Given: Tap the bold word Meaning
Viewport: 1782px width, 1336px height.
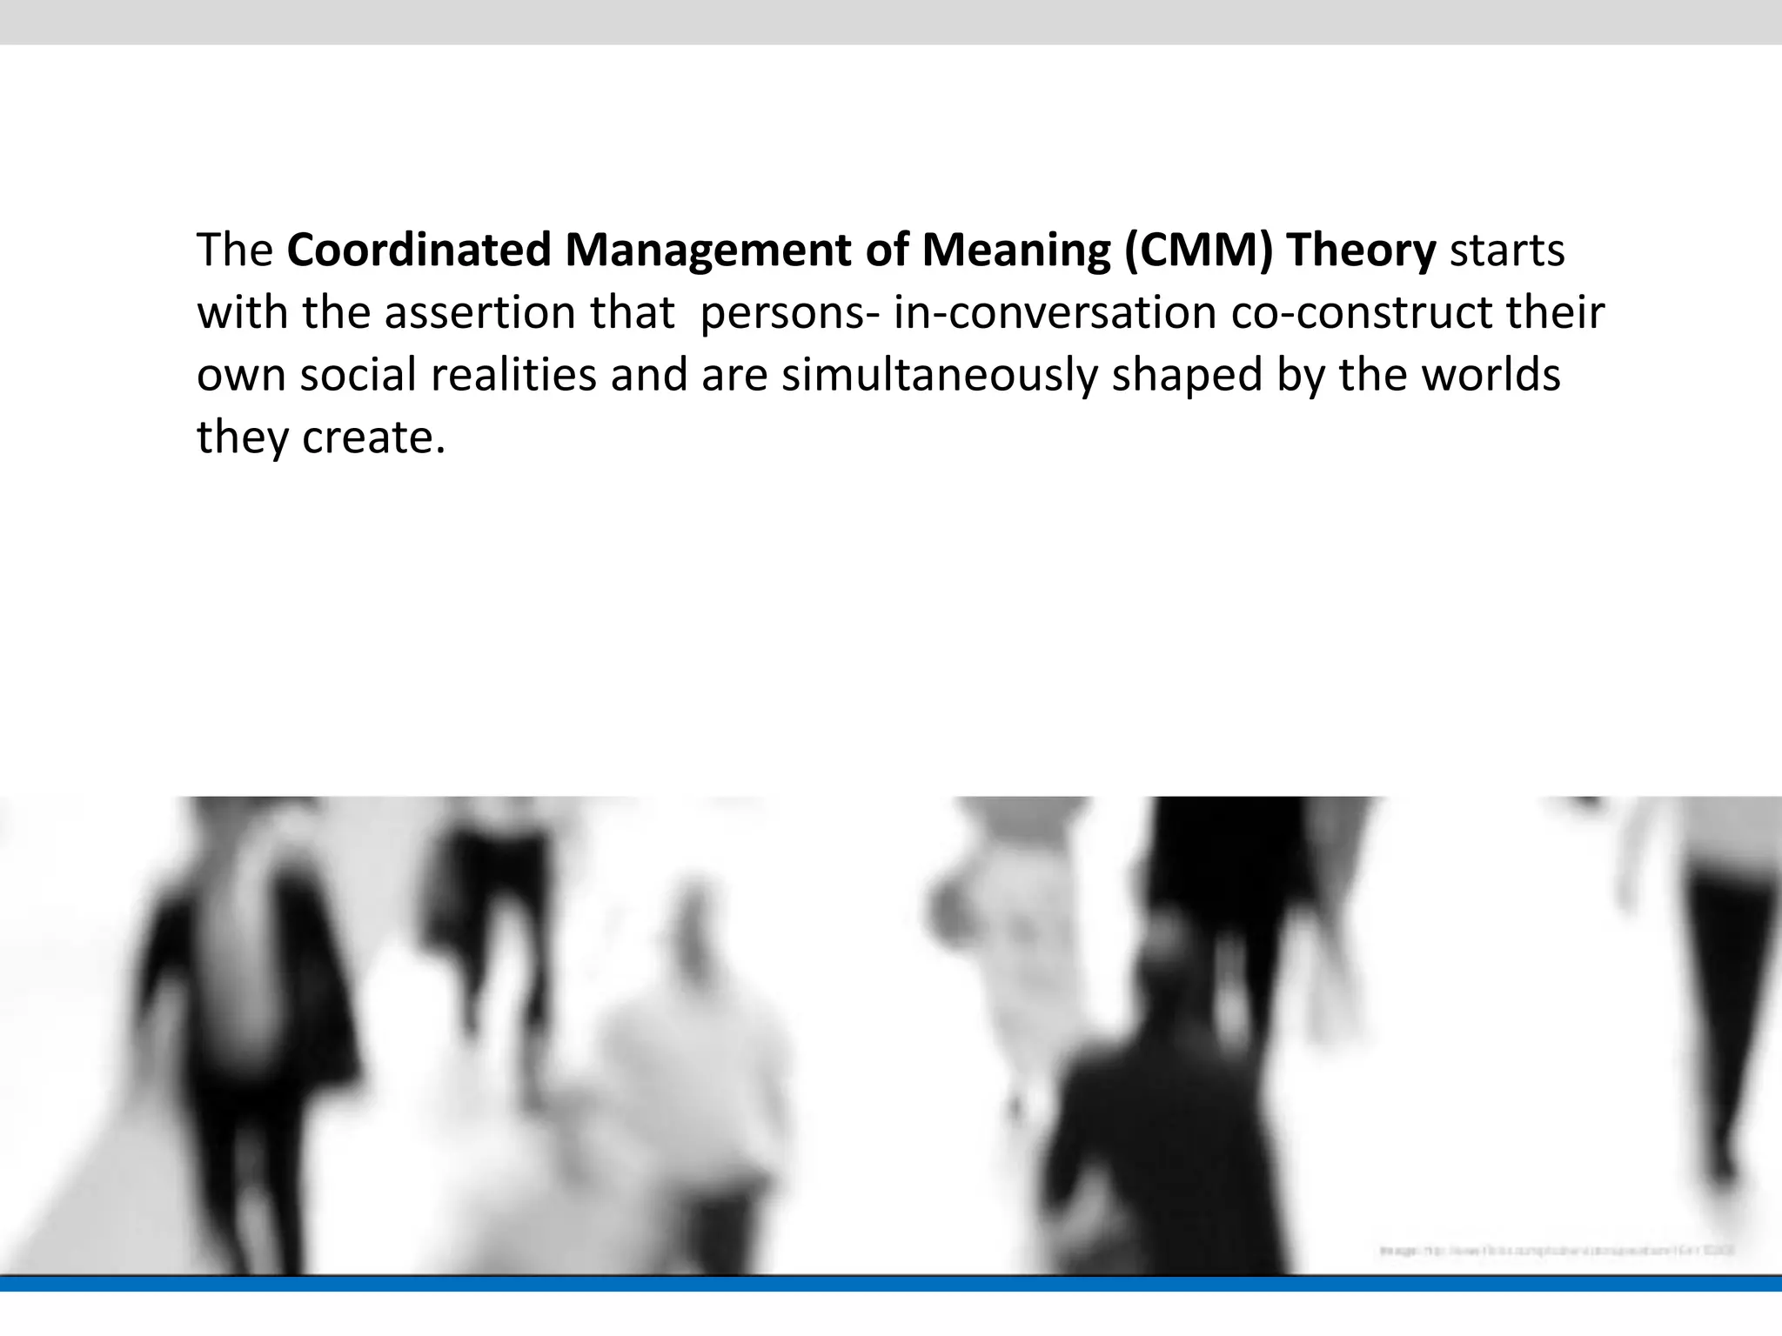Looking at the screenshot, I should pyautogui.click(x=1015, y=250).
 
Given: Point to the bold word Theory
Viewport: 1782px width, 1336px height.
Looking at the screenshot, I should pyautogui.click(x=1361, y=250).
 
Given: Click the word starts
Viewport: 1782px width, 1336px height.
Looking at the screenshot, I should pyautogui.click(x=1507, y=250).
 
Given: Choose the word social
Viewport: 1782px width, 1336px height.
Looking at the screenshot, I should pyautogui.click(x=358, y=375).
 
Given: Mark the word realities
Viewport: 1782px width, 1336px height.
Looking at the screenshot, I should pyautogui.click(x=513, y=375).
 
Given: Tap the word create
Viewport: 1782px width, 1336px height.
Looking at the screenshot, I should pyautogui.click(x=373, y=437).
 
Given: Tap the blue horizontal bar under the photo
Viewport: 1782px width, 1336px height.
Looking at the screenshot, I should pyautogui.click(x=891, y=1284).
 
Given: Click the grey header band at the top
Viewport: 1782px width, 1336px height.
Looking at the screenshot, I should pyautogui.click(x=891, y=22).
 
